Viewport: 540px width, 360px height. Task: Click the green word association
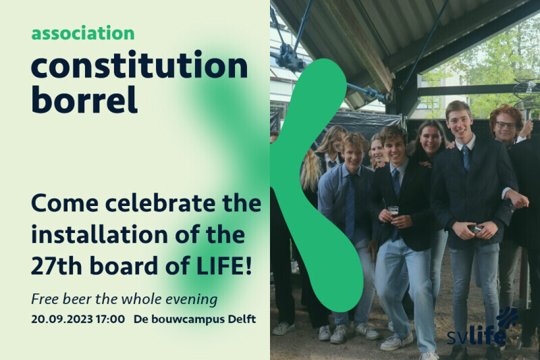pyautogui.click(x=82, y=33)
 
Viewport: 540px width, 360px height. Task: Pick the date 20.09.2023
pyautogui.click(x=62, y=319)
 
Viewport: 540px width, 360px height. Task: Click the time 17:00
pyautogui.click(x=110, y=319)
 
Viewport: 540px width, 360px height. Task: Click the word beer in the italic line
pyautogui.click(x=80, y=299)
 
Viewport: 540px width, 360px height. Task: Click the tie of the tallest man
pyautogui.click(x=466, y=158)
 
